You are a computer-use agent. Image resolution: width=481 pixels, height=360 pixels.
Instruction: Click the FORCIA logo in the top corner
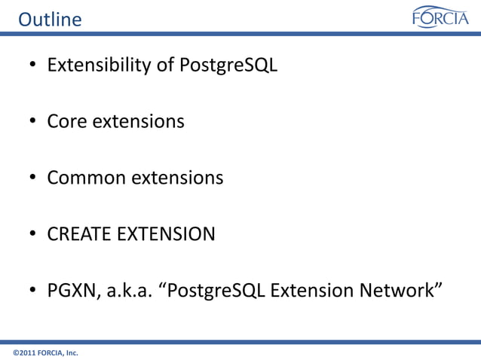click(x=440, y=17)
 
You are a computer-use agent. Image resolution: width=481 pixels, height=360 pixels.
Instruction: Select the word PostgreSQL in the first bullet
click(x=228, y=66)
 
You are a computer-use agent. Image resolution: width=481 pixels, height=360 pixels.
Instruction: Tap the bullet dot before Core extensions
click(x=34, y=122)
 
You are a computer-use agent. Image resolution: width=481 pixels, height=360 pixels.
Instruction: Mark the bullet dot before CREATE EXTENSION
click(x=34, y=235)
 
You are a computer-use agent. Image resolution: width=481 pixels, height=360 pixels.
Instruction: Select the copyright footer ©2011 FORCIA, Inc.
click(x=46, y=352)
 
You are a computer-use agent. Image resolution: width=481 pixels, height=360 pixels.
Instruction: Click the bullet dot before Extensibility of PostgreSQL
click(x=34, y=66)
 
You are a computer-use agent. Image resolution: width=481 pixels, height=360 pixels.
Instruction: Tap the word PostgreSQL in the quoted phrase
click(x=216, y=291)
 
